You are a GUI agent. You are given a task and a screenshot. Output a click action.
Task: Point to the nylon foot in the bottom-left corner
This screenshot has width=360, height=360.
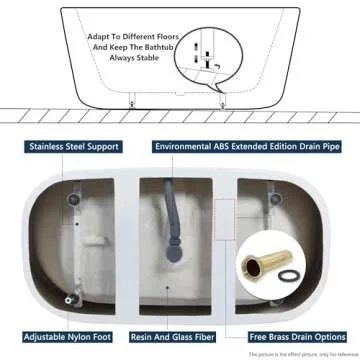69,296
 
